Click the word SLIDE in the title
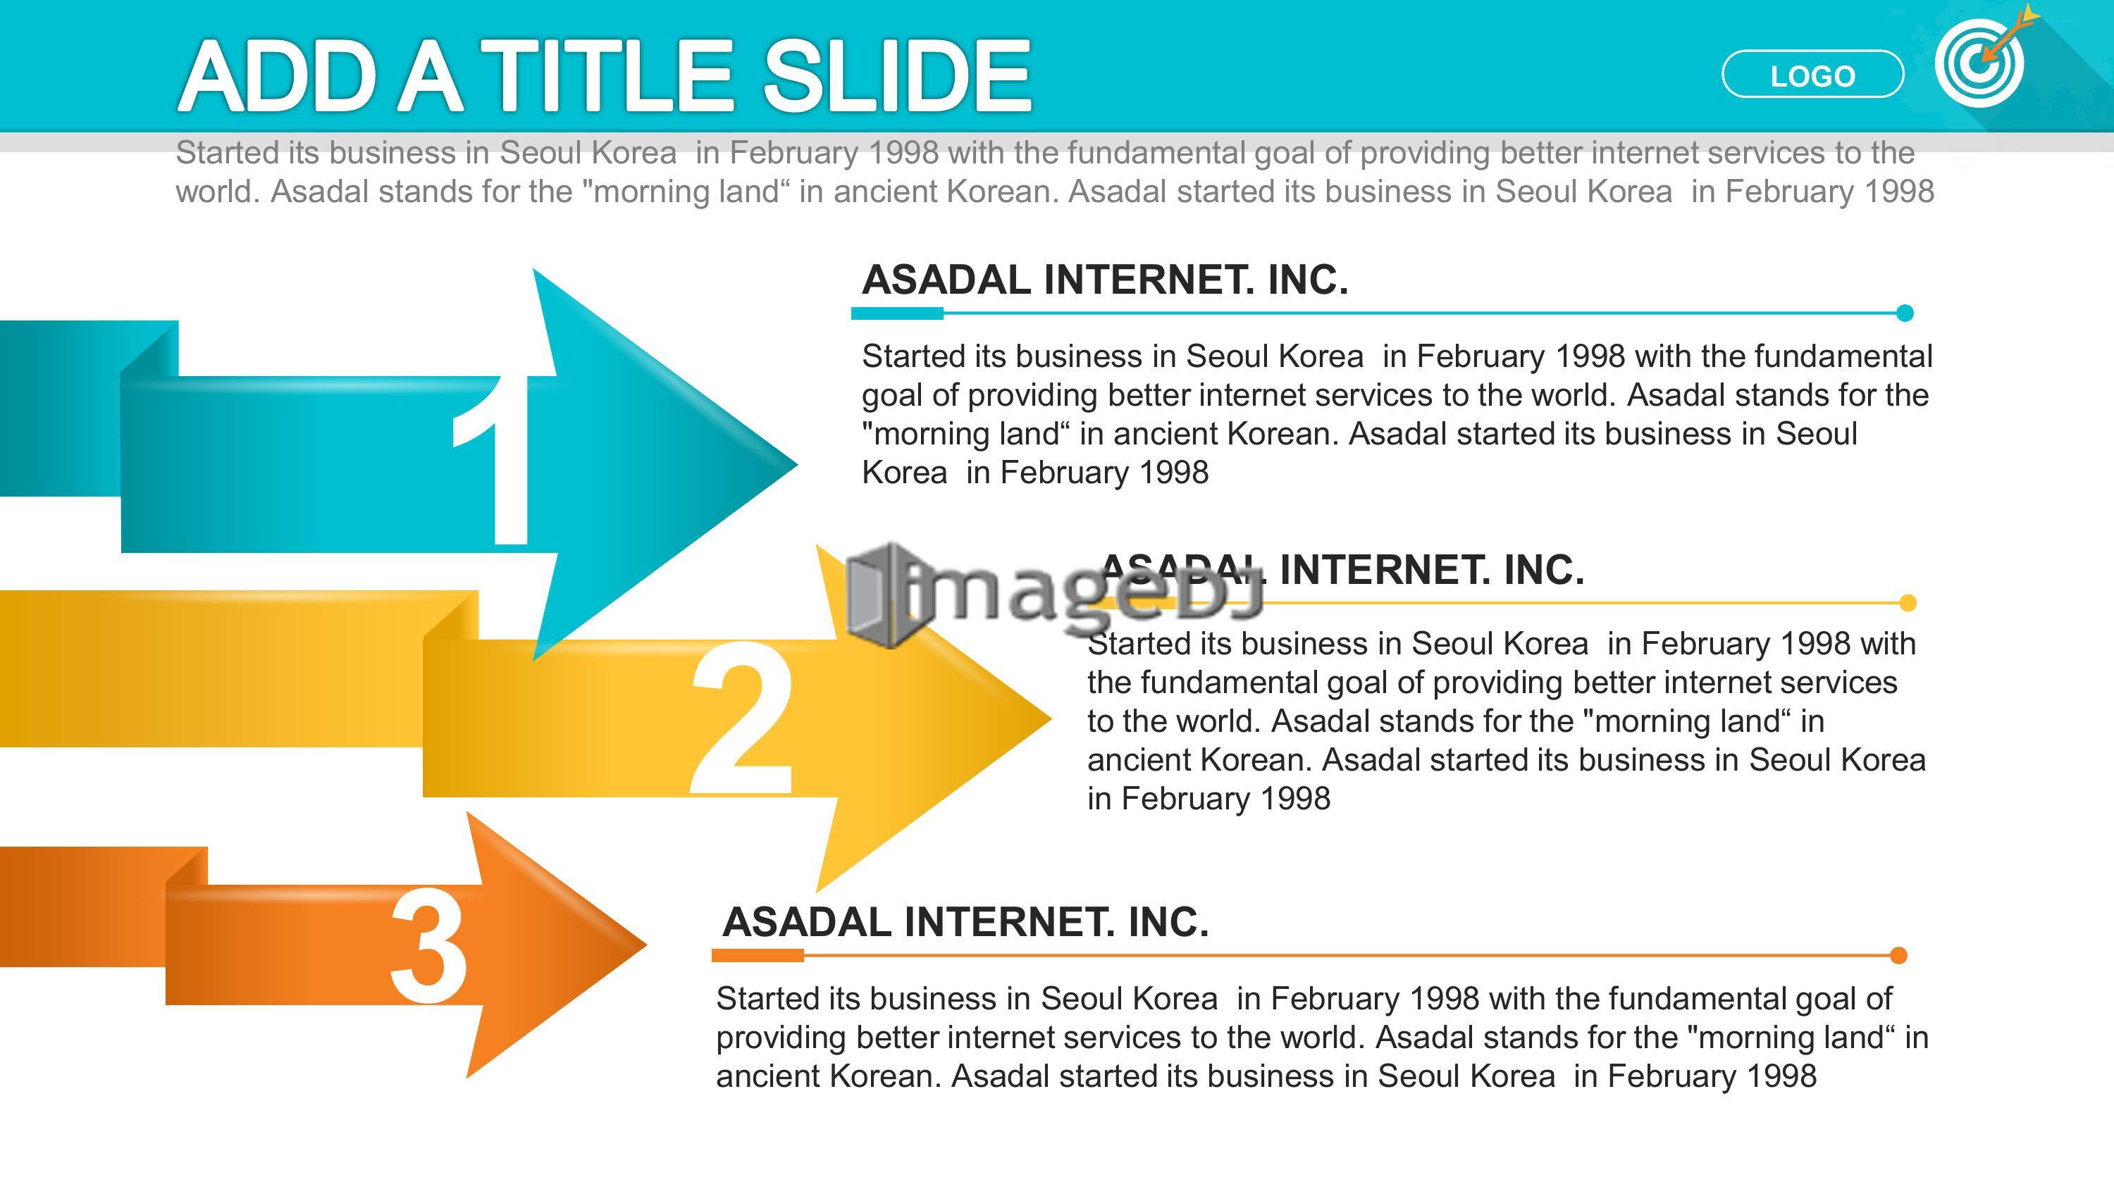[x=897, y=75]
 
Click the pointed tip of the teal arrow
[x=797, y=464]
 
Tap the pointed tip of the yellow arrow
[x=1051, y=718]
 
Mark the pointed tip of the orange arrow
[x=647, y=945]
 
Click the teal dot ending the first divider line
[x=1905, y=313]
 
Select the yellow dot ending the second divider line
[x=1908, y=603]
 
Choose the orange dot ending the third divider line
[x=1898, y=955]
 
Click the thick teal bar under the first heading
[x=897, y=313]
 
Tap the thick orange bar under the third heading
[x=758, y=955]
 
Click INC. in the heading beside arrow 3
[x=1168, y=922]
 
